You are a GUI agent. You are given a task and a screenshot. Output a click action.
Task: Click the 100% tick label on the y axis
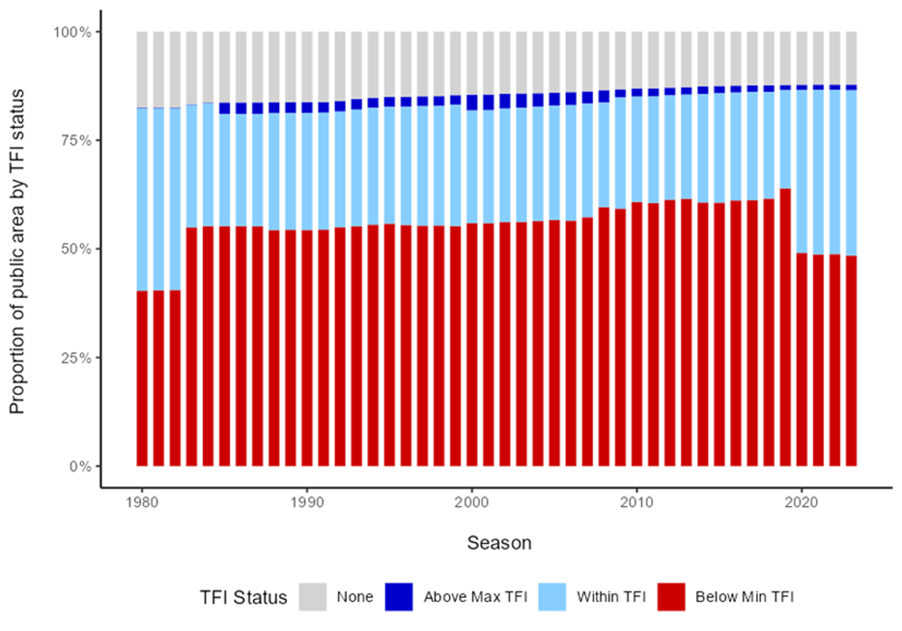click(x=72, y=32)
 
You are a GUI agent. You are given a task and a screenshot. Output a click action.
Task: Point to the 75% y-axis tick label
click(x=76, y=140)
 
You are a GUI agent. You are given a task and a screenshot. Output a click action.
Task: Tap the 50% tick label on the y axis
click(x=76, y=249)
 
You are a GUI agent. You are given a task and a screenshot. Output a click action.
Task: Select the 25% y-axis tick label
click(x=76, y=358)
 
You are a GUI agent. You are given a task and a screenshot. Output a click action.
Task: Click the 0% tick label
click(x=80, y=466)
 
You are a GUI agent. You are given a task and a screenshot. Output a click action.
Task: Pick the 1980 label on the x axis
click(x=142, y=502)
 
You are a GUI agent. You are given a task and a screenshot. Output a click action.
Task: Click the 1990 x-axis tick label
click(x=307, y=502)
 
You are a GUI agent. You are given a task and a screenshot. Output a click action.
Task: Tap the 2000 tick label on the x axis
click(x=472, y=502)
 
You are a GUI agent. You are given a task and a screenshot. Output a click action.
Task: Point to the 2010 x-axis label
click(x=637, y=502)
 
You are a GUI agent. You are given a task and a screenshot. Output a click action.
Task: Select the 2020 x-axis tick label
click(x=802, y=502)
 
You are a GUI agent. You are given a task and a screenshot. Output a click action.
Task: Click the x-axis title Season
click(x=499, y=543)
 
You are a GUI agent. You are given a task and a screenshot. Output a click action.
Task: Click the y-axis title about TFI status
click(x=17, y=251)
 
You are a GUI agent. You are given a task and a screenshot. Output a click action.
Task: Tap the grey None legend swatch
click(x=312, y=597)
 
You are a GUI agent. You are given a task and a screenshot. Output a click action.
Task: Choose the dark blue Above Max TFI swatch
click(x=399, y=597)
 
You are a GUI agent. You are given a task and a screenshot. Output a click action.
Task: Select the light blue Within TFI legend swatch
click(x=552, y=597)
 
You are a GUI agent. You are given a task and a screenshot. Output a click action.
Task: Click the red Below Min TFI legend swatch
click(x=671, y=597)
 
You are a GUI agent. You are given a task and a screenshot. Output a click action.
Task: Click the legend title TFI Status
click(x=243, y=598)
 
